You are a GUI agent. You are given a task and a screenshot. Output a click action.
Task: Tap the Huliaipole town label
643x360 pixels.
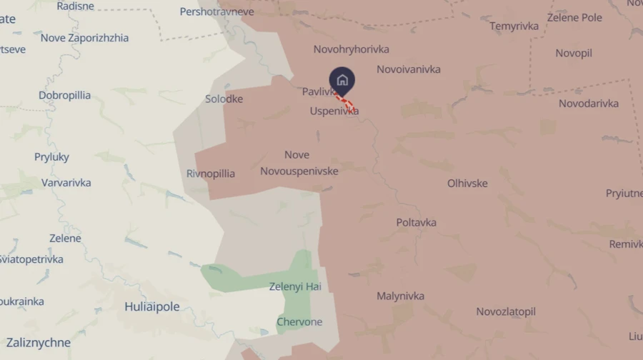(152, 307)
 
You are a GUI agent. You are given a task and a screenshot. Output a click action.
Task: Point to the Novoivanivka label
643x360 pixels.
(409, 69)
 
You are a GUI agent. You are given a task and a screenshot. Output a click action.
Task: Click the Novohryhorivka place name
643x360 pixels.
(352, 49)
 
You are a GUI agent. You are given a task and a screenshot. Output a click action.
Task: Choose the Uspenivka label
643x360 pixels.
(334, 111)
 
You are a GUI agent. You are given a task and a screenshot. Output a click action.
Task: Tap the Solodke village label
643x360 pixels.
(224, 99)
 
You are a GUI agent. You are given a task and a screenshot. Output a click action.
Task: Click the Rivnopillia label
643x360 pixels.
(211, 174)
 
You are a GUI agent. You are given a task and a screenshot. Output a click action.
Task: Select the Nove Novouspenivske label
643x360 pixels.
(299, 163)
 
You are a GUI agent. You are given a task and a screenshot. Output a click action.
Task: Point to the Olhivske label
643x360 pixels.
(467, 184)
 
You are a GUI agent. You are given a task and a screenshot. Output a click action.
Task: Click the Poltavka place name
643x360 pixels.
(416, 223)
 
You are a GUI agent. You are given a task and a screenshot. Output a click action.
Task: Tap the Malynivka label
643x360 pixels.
(400, 296)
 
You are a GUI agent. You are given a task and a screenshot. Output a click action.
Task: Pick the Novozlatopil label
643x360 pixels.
(506, 312)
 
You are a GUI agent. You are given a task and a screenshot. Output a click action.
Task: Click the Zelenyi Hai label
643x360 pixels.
(295, 287)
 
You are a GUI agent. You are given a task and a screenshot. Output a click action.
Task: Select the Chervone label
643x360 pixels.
(299, 322)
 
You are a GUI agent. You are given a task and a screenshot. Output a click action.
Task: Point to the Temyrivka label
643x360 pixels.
(514, 26)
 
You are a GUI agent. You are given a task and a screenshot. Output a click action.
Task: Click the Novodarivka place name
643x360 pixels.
(589, 104)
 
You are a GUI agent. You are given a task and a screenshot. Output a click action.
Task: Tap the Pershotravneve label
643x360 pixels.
(216, 12)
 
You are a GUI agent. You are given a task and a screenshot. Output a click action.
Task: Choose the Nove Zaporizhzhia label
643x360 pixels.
(84, 38)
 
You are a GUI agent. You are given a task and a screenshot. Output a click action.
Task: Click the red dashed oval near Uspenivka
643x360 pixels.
(346, 103)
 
